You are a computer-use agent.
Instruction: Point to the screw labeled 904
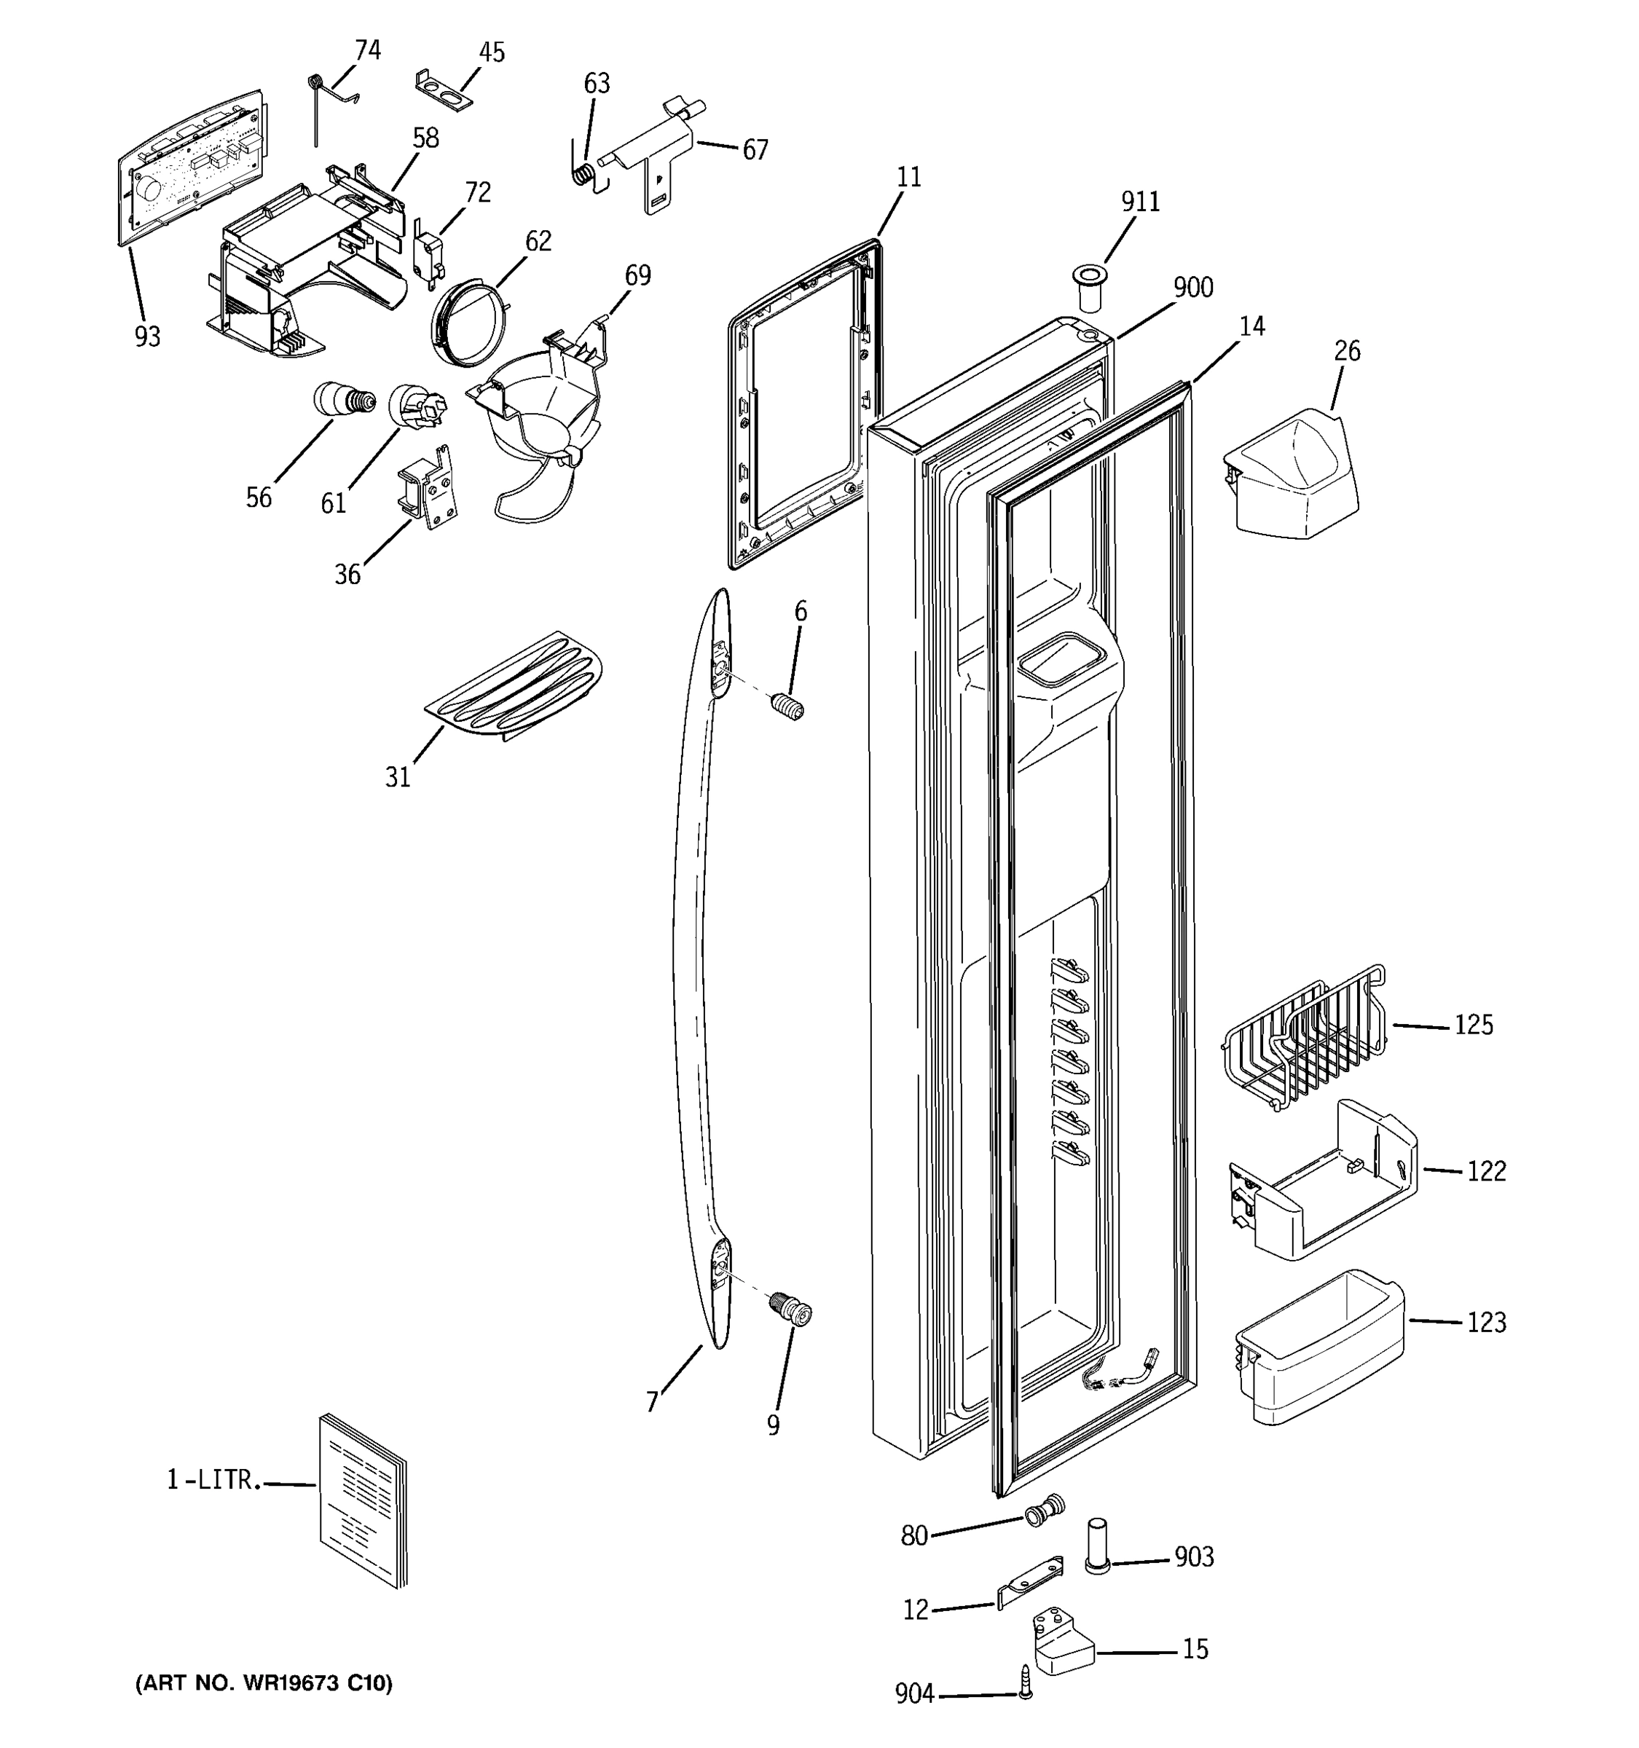point(1024,1681)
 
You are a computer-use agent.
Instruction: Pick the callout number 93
point(147,336)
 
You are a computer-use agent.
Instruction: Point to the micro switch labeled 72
point(429,257)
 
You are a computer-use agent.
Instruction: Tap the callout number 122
point(1486,1171)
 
